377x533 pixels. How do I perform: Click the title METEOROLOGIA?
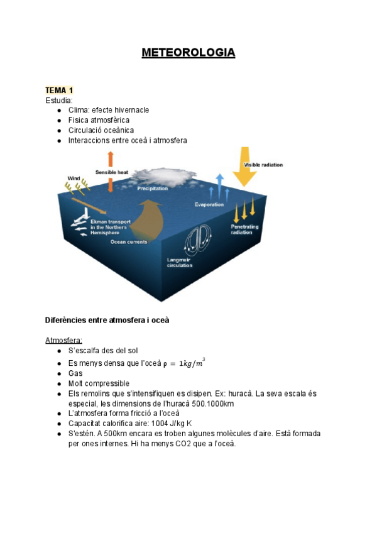pyautogui.click(x=188, y=52)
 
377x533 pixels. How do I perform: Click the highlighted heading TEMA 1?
pyautogui.click(x=59, y=91)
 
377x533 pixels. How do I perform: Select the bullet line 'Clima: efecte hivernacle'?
pyautogui.click(x=108, y=110)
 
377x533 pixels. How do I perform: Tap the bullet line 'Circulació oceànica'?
pyautogui.click(x=101, y=130)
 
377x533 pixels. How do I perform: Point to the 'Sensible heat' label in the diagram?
pyautogui.click(x=112, y=172)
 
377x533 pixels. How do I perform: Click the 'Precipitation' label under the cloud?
pyautogui.click(x=153, y=189)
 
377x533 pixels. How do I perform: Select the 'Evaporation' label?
pyautogui.click(x=210, y=204)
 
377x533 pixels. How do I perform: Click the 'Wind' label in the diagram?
pyautogui.click(x=74, y=178)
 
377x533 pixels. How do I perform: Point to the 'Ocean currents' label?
pyautogui.click(x=129, y=241)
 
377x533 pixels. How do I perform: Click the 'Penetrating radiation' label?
pyautogui.click(x=244, y=229)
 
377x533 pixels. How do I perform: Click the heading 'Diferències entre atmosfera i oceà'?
pyautogui.click(x=107, y=320)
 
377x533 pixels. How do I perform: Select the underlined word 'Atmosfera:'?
pyautogui.click(x=63, y=340)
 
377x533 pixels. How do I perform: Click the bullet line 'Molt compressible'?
pyautogui.click(x=99, y=383)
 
